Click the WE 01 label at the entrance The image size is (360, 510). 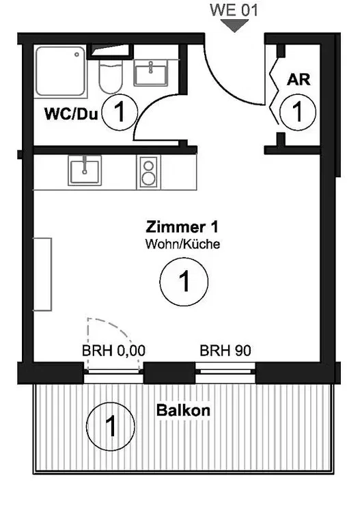tap(234, 10)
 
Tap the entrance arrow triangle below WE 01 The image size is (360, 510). tap(234, 25)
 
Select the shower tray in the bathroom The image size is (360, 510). tap(61, 72)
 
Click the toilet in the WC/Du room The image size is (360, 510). tap(111, 75)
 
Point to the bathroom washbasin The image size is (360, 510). tap(151, 73)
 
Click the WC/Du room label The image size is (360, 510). tap(71, 114)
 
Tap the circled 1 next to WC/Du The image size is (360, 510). tap(120, 112)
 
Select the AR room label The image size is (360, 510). tap(299, 80)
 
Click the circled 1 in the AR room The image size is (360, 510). tap(297, 112)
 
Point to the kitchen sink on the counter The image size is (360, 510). tap(85, 170)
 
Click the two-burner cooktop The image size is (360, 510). tap(149, 172)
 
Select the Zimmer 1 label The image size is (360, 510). tap(182, 227)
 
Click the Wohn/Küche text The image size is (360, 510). tap(182, 244)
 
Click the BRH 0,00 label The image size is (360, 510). tap(113, 351)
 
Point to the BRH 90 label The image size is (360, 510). tap(225, 351)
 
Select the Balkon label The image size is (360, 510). tap(183, 410)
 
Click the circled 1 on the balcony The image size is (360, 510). tap(111, 426)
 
